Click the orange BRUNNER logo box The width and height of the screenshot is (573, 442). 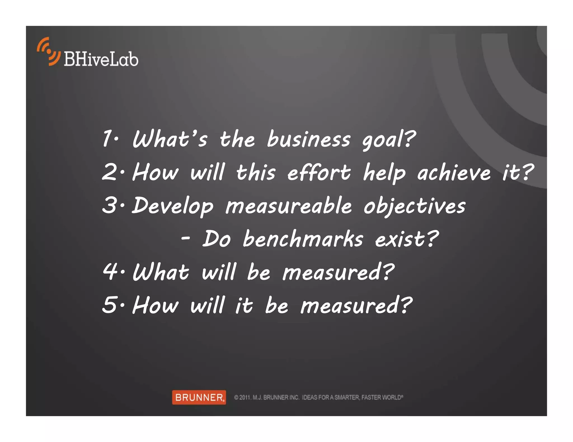[x=199, y=397]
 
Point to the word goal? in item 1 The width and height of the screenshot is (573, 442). [x=389, y=140]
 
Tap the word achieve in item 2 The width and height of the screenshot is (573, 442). [x=454, y=173]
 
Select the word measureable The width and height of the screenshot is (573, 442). [x=288, y=206]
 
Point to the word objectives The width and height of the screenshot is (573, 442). [x=415, y=206]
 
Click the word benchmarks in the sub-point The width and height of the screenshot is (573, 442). [x=303, y=239]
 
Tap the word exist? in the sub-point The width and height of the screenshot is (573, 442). [x=407, y=239]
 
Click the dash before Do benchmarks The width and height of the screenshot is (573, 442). [x=185, y=239]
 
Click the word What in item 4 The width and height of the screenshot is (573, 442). [x=161, y=272]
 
